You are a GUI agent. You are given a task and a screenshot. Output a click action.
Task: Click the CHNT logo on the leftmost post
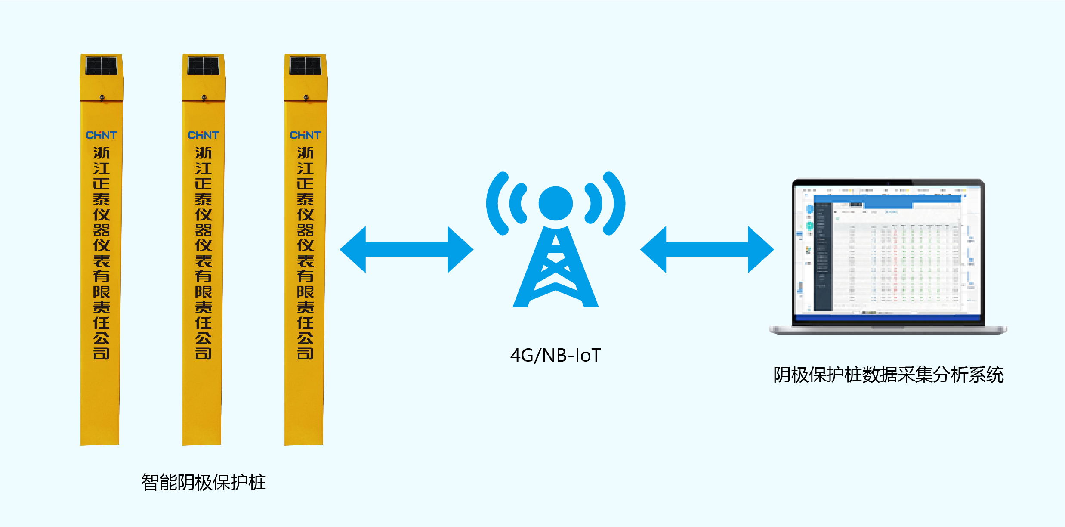pos(102,135)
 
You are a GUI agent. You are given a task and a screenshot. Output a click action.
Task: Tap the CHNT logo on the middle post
pos(204,135)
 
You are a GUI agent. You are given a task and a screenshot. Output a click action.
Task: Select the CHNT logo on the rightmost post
pos(306,135)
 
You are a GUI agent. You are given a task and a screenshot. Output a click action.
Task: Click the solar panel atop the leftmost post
pos(101,66)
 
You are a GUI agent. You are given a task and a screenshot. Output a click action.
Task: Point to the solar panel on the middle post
pos(203,66)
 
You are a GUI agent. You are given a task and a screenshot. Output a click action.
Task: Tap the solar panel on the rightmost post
pos(305,66)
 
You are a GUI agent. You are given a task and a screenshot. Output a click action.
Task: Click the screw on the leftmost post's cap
pos(102,97)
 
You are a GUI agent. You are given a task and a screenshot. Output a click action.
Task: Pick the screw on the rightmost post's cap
pos(306,97)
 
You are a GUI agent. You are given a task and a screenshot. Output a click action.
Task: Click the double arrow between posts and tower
pos(407,250)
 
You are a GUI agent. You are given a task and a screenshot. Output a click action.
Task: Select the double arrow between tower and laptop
pos(707,250)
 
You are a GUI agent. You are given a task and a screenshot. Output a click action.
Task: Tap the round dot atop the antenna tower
pos(556,203)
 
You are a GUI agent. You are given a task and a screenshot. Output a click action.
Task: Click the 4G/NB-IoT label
pos(556,356)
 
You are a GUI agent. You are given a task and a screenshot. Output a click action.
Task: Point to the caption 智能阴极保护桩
pos(204,482)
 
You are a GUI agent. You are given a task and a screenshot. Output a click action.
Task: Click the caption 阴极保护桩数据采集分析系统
pos(888,375)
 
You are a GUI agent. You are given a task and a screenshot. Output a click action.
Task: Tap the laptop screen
pos(888,252)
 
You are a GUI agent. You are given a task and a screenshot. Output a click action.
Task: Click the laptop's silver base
pos(888,330)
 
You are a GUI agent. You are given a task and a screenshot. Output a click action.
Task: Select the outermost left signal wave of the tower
pos(495,203)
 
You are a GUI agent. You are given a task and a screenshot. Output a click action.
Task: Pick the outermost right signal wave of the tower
pos(616,203)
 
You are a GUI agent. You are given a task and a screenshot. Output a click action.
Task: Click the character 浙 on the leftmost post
pos(102,153)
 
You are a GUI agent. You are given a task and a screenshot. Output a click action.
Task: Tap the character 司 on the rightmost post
pos(306,353)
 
